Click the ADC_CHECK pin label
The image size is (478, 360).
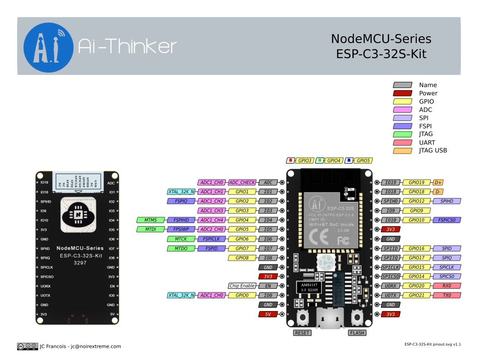pyautogui.click(x=242, y=182)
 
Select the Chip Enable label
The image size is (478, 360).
pyautogui.click(x=242, y=286)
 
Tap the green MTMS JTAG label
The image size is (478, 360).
pyautogui.click(x=151, y=220)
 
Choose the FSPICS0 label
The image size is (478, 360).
pyautogui.click(x=447, y=220)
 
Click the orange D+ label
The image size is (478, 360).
pyautogui.click(x=438, y=182)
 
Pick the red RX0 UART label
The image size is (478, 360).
pyautogui.click(x=447, y=286)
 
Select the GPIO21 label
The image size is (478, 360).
pyautogui.click(x=416, y=295)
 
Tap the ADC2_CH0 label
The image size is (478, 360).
pyautogui.click(x=212, y=229)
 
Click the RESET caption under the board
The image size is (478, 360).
pyautogui.click(x=302, y=333)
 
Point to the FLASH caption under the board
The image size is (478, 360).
pyautogui.click(x=357, y=333)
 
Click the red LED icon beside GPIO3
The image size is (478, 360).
pyautogui.click(x=291, y=161)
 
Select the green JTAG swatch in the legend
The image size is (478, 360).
pyautogui.click(x=403, y=134)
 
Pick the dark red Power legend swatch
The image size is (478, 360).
pyautogui.click(x=403, y=93)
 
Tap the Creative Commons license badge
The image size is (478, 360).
pyautogui.click(x=27, y=346)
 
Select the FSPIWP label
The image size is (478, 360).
pyautogui.click(x=181, y=229)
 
